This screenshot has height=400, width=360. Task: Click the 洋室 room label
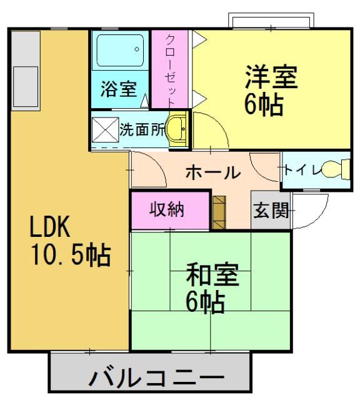[271, 77]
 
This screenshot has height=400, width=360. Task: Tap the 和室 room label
[212, 275]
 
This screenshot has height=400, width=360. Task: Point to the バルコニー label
[156, 379]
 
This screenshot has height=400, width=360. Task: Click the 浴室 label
[118, 89]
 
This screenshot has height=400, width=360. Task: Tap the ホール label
[212, 172]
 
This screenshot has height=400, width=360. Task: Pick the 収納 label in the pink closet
[167, 210]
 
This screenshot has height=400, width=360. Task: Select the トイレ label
[302, 171]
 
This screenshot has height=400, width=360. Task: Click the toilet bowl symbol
[340, 169]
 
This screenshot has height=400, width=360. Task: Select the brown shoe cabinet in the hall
[218, 212]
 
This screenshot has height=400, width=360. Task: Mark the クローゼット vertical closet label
[170, 70]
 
